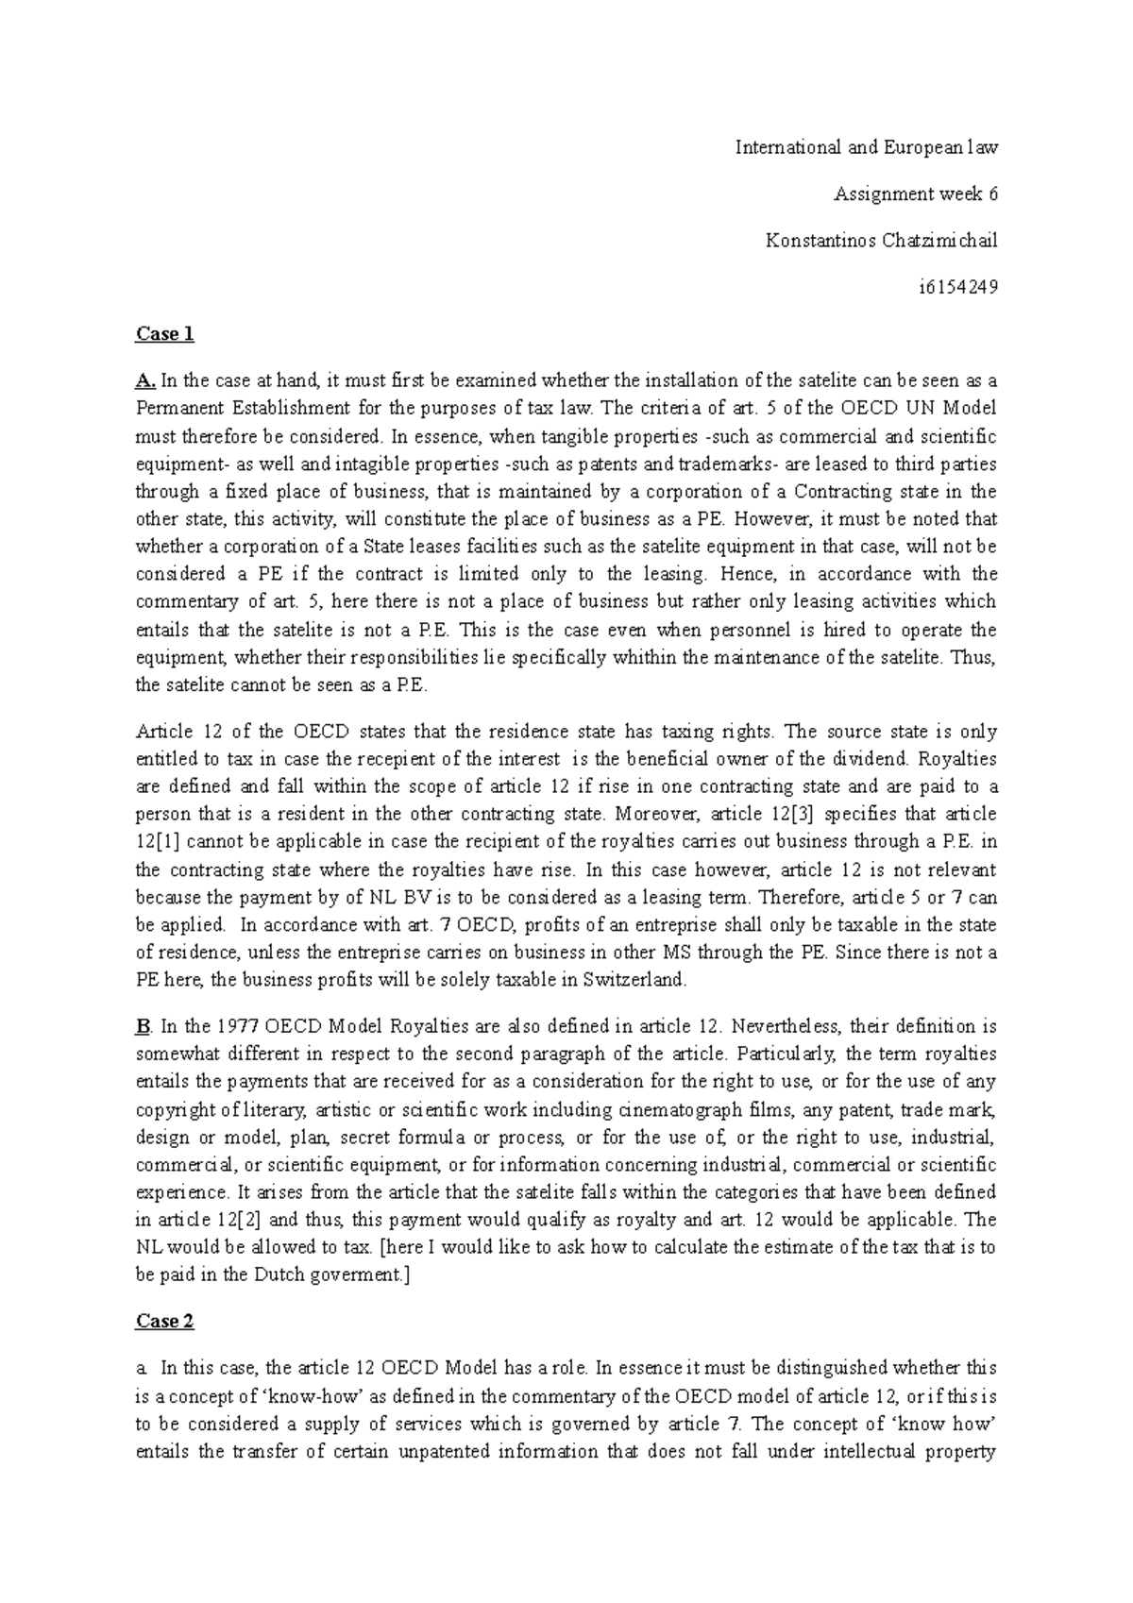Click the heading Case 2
[164, 1322]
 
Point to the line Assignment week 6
[915, 194]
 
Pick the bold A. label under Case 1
[145, 381]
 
